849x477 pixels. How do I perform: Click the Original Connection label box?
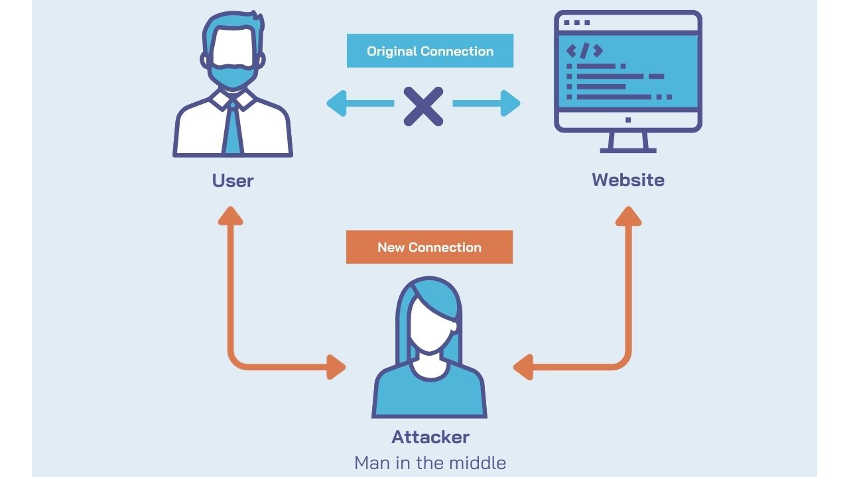(430, 51)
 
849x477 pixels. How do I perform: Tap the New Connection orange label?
(429, 247)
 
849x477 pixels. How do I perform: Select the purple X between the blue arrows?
(424, 104)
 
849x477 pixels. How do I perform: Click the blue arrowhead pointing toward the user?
(337, 103)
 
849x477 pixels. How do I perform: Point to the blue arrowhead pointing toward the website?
(510, 103)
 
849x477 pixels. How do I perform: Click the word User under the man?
(233, 180)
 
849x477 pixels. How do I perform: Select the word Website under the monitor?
(627, 180)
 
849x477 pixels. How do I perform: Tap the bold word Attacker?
(430, 437)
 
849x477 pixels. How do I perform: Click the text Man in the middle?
(430, 462)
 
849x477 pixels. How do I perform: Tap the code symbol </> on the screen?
(584, 50)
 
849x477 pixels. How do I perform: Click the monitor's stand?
(627, 142)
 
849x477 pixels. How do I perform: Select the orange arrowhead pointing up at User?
(231, 215)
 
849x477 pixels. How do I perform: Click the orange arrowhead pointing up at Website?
(627, 215)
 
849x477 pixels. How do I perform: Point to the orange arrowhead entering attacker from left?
(336, 366)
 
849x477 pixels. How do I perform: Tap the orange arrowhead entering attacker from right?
(523, 366)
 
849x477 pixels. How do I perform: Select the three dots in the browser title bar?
(576, 23)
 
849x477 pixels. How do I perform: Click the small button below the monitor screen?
(628, 120)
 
